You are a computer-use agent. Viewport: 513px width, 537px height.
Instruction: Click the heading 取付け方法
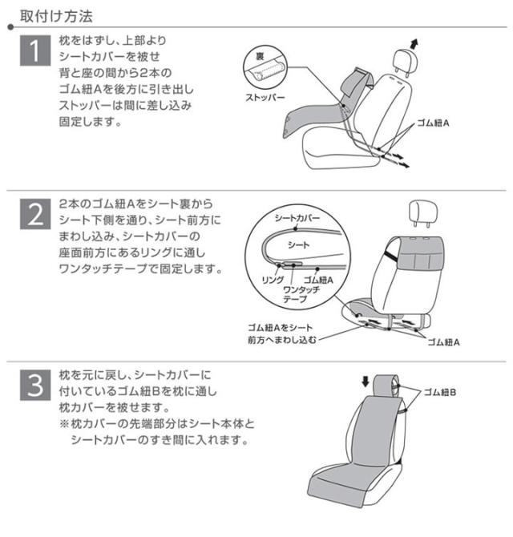pos(56,16)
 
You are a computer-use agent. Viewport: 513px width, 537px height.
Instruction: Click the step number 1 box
pos(35,50)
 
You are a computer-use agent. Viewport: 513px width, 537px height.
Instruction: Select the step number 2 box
pos(35,214)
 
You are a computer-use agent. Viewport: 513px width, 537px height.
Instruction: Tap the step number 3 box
pos(35,385)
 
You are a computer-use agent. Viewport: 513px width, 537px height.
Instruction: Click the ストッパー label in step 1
pos(265,97)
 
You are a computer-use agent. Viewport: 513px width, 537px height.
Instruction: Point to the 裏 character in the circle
pos(261,56)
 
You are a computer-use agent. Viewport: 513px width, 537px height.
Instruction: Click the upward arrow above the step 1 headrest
pos(414,44)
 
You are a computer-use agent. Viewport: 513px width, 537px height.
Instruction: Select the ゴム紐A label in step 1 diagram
pos(433,123)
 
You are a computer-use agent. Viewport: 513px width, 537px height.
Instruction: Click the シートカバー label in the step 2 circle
pos(297,217)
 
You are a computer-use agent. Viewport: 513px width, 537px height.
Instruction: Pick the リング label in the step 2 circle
pos(273,280)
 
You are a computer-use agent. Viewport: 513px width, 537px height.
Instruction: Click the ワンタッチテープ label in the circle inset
pos(301,294)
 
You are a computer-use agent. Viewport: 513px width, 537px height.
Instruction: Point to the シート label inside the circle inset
pos(299,244)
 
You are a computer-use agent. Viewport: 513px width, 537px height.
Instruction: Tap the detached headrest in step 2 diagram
pos(423,213)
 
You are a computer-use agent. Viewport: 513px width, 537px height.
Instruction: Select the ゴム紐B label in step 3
pos(440,392)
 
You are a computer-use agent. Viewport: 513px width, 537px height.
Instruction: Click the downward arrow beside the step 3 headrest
pos(366,382)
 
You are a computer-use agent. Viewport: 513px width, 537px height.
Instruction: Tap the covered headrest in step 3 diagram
pos(386,387)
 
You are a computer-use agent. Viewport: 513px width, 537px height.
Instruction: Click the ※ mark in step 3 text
pos(64,424)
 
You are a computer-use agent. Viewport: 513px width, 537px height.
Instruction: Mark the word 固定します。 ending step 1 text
pos(91,121)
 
